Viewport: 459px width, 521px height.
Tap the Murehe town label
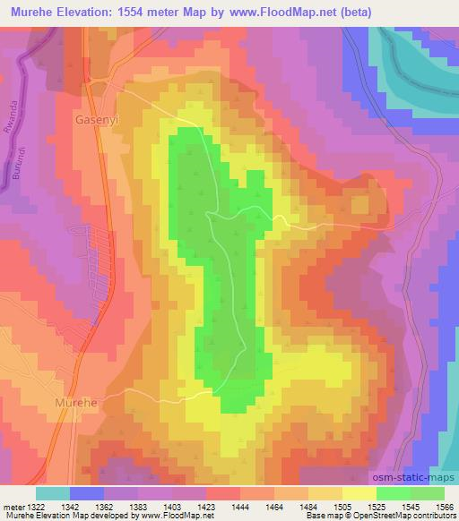pyautogui.click(x=75, y=403)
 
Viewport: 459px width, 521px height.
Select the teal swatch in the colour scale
pyautogui.click(x=52, y=493)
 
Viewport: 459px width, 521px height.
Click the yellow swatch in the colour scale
pyautogui.click(x=359, y=493)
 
